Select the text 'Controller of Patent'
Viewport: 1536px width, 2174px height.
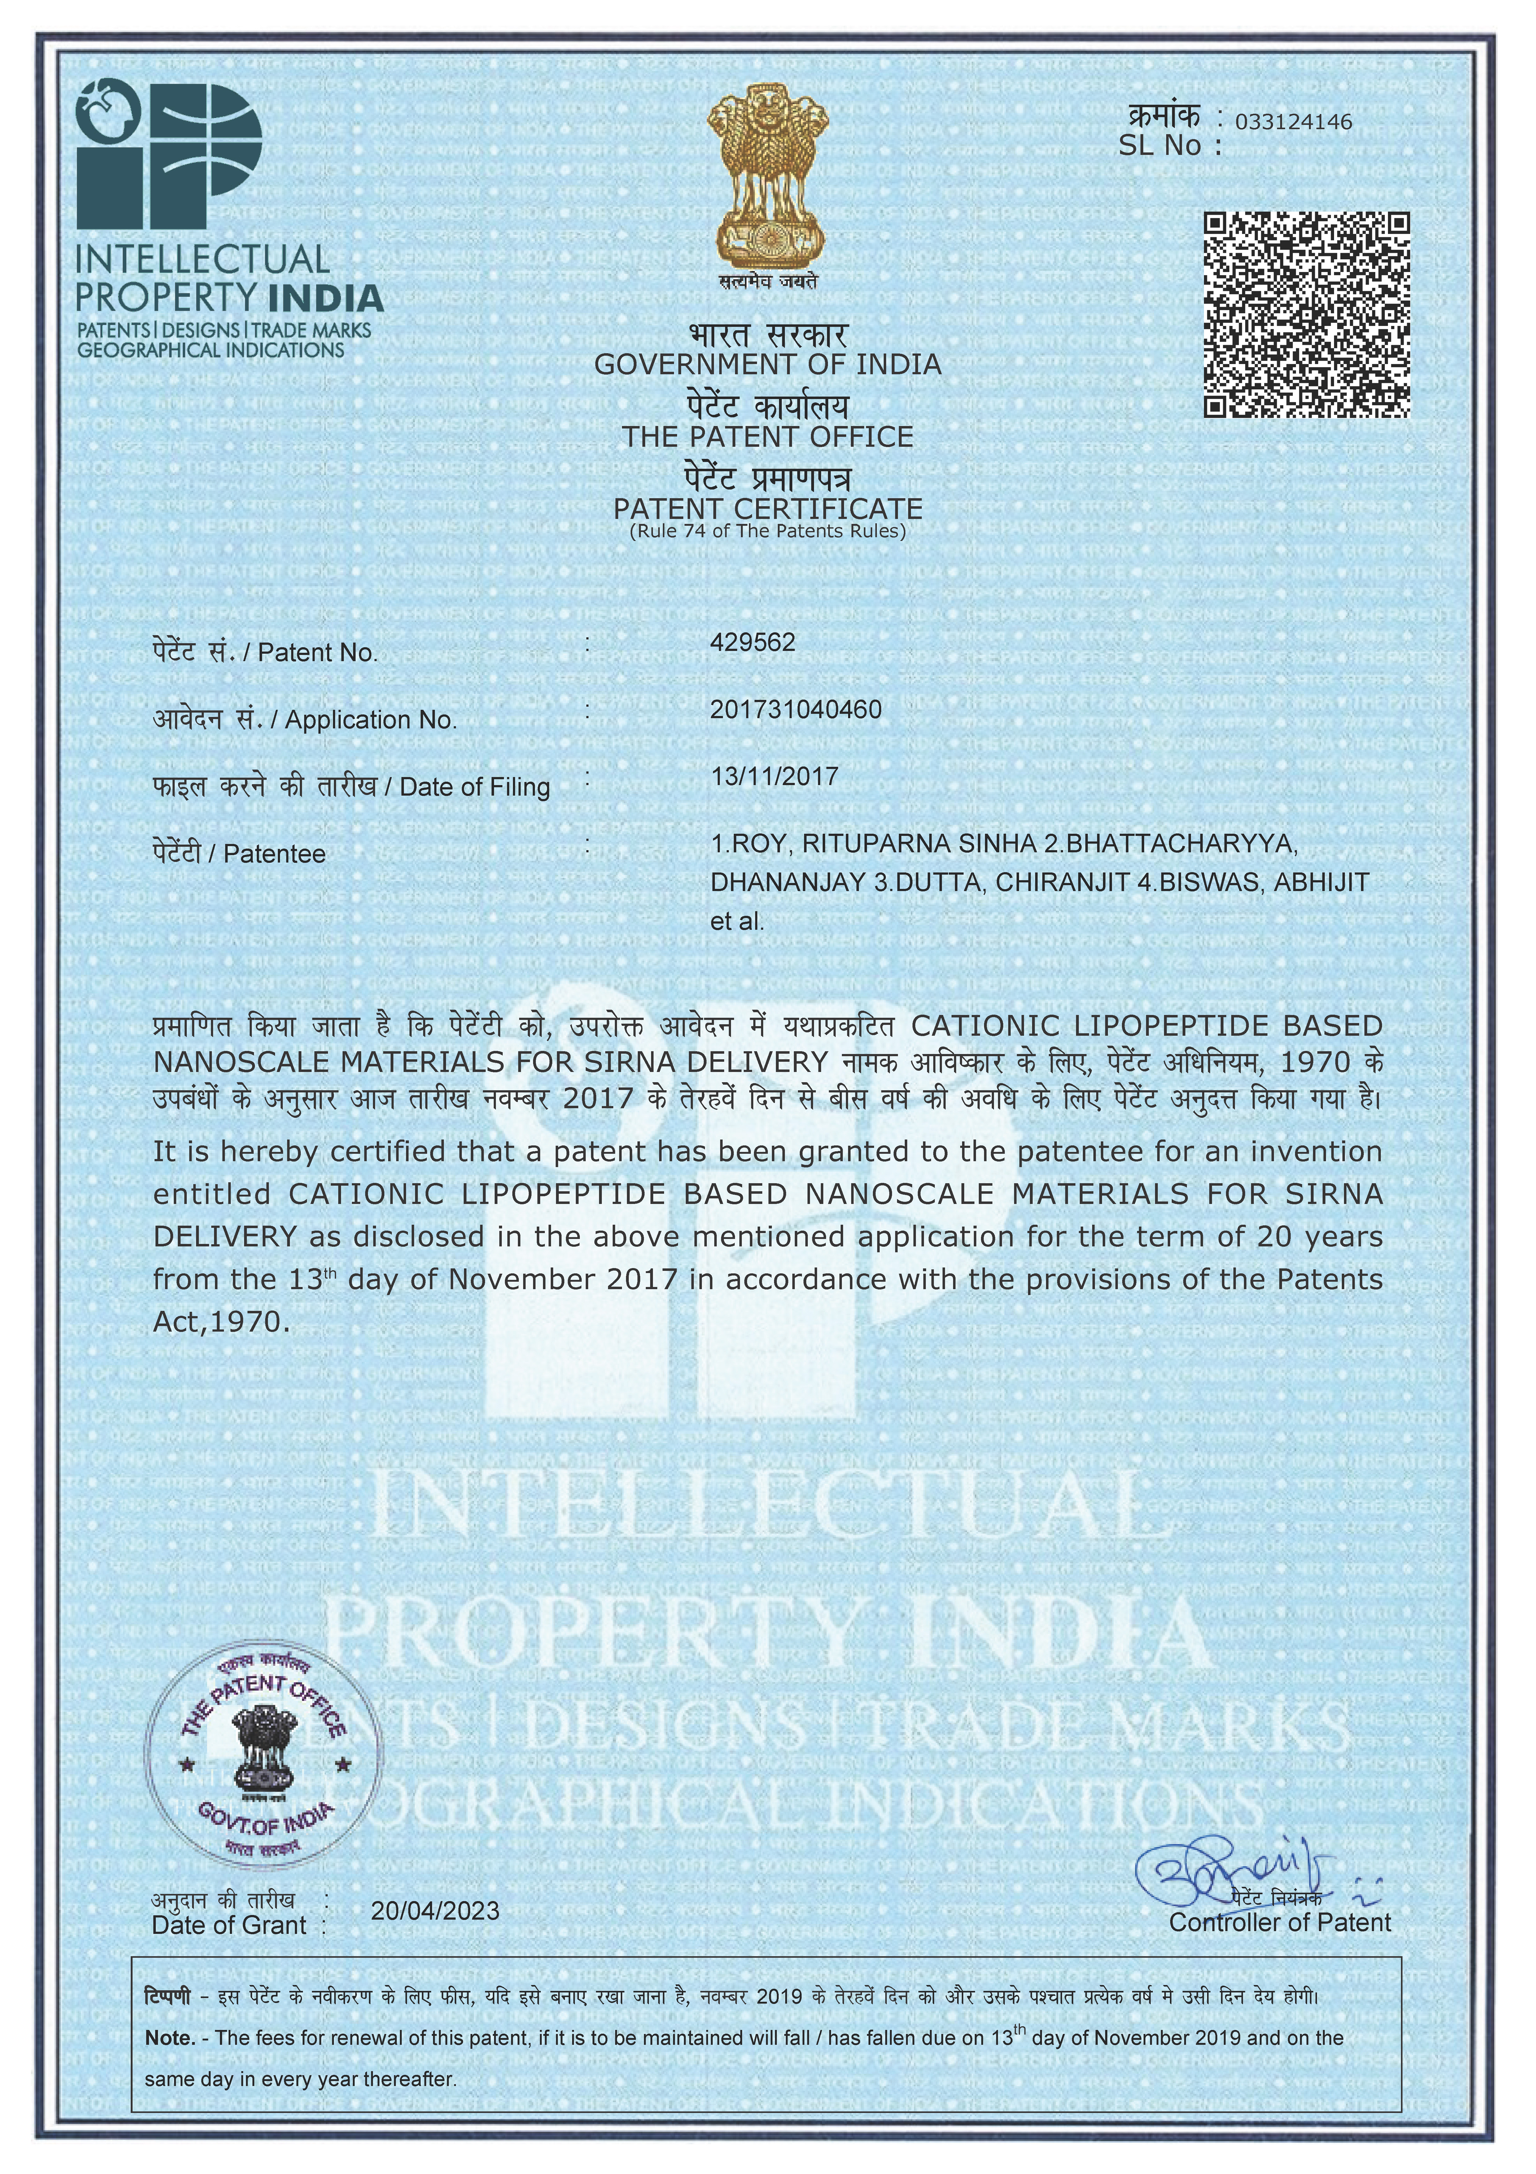1280,1922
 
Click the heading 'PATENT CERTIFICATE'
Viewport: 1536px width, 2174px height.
768,508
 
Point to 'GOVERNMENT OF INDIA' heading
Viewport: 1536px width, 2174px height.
768,365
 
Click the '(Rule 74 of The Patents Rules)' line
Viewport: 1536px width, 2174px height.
768,531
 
